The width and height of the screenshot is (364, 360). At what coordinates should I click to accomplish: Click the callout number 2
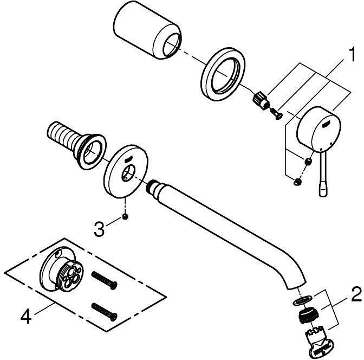tap(356, 294)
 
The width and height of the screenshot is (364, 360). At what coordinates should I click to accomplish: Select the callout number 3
tap(99, 229)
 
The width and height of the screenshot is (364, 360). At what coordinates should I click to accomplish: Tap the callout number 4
tap(26, 317)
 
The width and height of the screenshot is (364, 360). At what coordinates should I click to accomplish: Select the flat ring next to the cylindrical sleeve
tap(223, 74)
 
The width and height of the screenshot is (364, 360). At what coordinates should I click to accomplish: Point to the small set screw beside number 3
tap(126, 217)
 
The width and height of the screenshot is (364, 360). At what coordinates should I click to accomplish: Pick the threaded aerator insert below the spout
tap(308, 316)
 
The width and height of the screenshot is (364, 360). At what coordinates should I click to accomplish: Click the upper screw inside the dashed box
tap(104, 280)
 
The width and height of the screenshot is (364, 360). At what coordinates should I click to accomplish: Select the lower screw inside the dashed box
tap(104, 312)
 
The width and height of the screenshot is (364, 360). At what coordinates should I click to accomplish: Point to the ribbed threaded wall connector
tap(76, 145)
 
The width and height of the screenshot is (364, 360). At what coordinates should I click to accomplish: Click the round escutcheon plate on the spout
tap(126, 171)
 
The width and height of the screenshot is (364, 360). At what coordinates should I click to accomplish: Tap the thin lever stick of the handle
tap(323, 174)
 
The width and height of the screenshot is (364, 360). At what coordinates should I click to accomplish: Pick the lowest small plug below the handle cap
tap(297, 182)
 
